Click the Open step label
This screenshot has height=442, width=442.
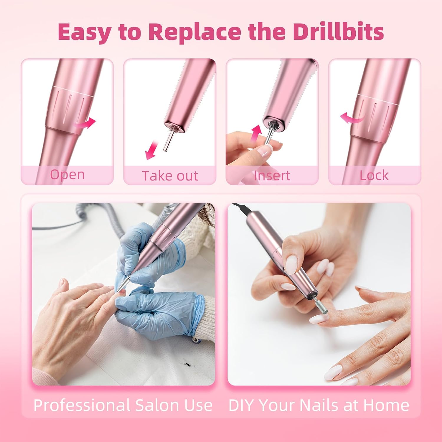coord(67,175)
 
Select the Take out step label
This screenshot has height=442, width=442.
coord(170,176)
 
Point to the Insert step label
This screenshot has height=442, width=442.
coord(272,176)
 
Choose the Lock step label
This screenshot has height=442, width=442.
coord(374,175)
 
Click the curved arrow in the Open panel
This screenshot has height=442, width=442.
coord(85,123)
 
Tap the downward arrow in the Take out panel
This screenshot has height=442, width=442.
coord(151,150)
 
